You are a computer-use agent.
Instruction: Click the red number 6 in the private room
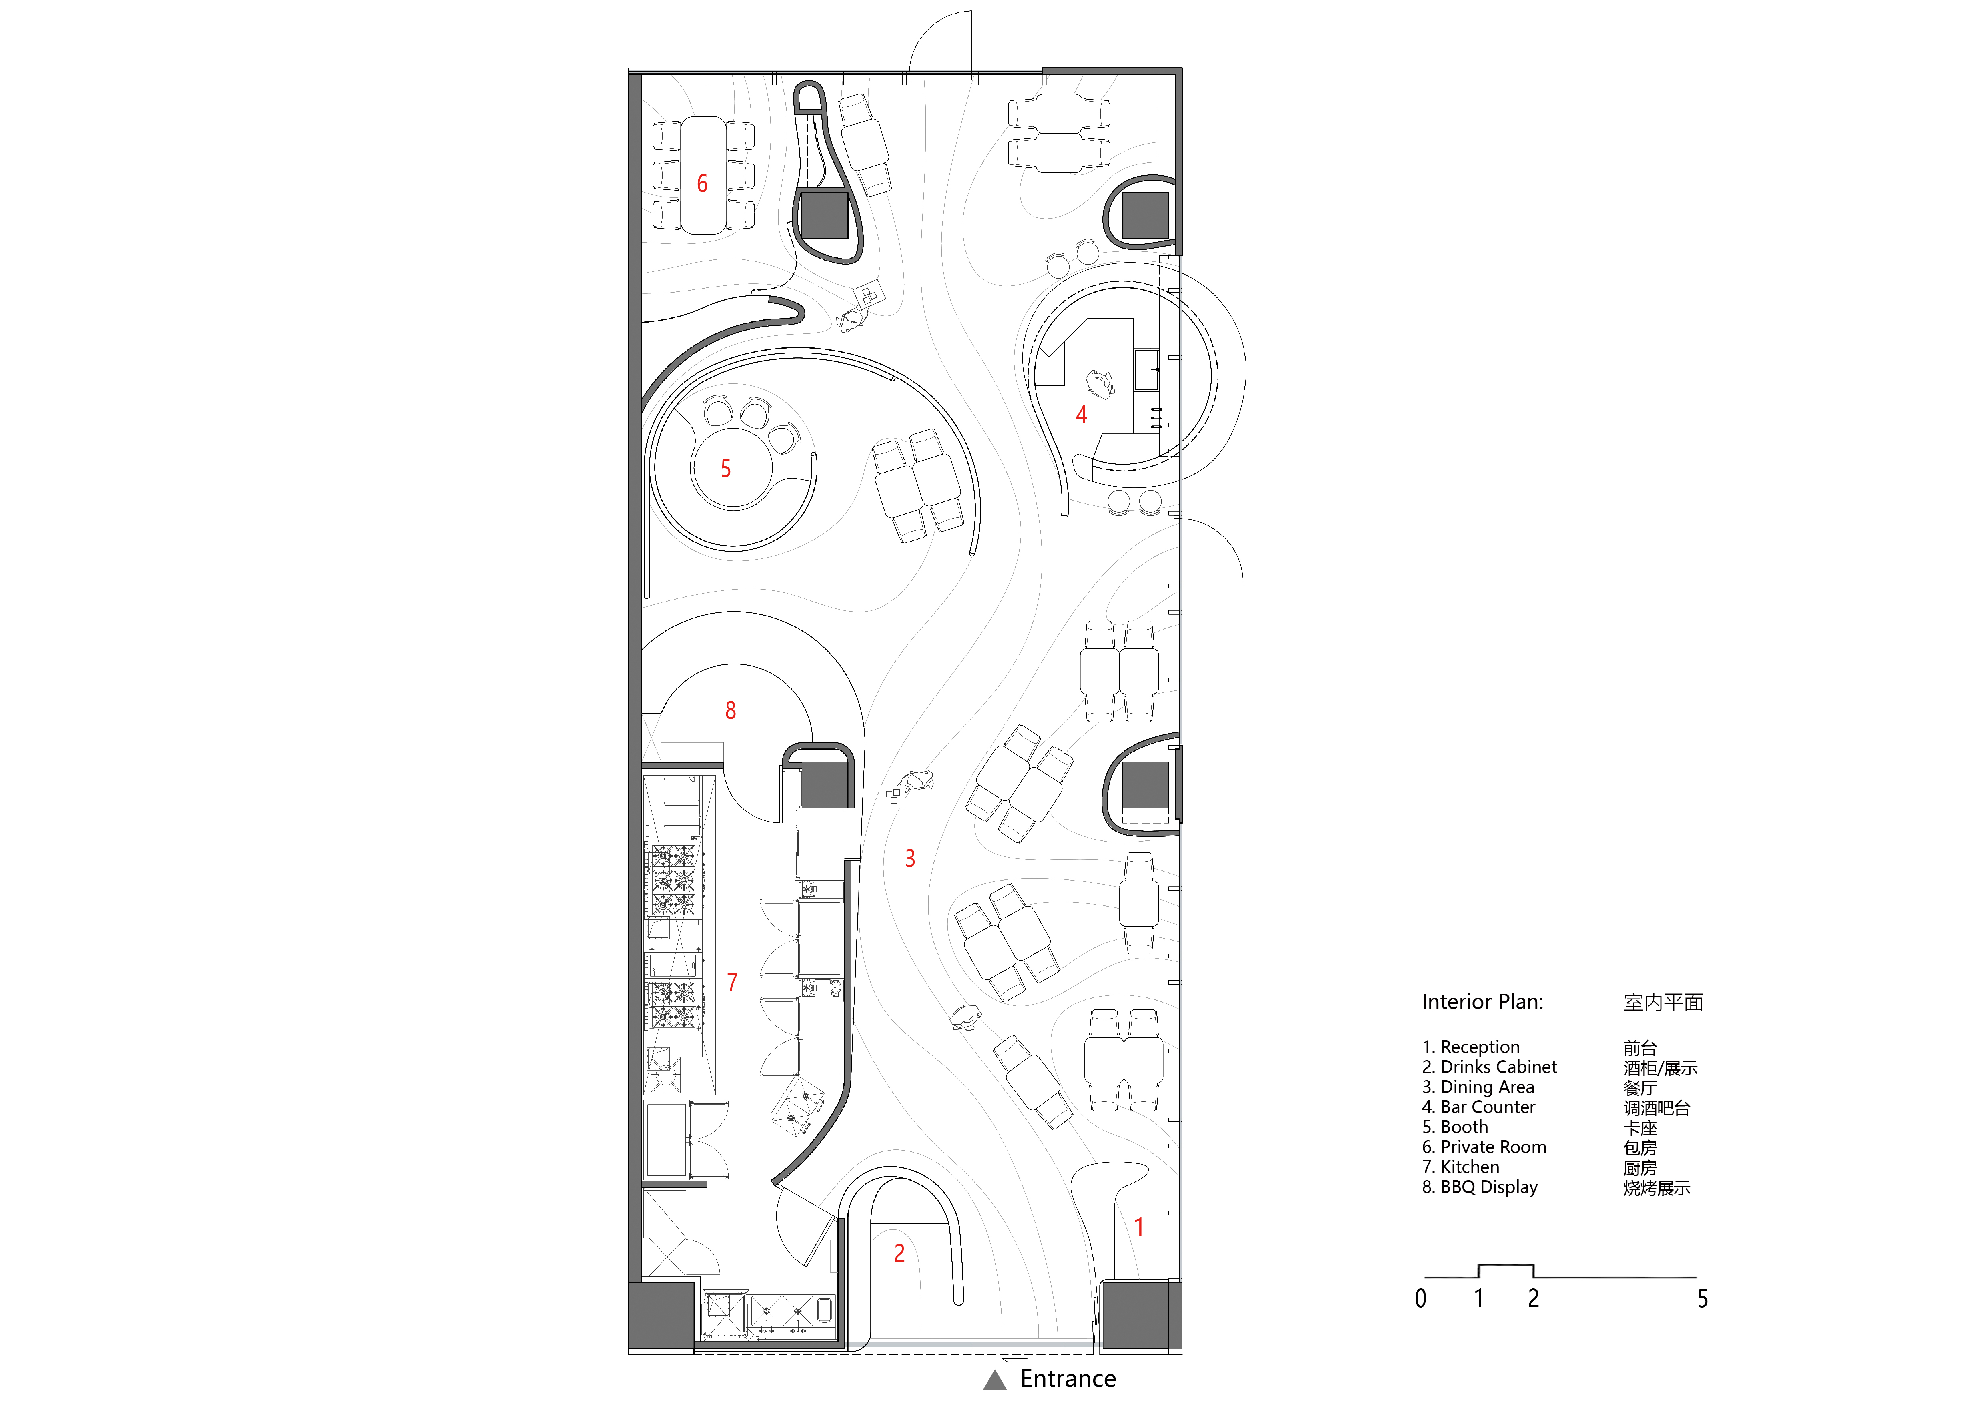pos(702,183)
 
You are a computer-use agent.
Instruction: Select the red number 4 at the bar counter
pos(1081,415)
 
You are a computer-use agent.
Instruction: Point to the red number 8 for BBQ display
pos(731,711)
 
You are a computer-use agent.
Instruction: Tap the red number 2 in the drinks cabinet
pos(899,1253)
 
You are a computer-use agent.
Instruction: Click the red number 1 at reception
pos(1140,1227)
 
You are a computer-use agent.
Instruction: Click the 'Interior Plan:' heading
pos(1483,1002)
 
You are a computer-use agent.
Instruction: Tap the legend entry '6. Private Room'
pos(1484,1147)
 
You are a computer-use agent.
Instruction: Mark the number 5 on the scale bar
pos(1702,1298)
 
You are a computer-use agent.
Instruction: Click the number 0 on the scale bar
pos(1420,1298)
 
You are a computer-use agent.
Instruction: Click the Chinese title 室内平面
pos(1663,1003)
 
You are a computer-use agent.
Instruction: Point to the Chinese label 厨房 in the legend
pos(1640,1168)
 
